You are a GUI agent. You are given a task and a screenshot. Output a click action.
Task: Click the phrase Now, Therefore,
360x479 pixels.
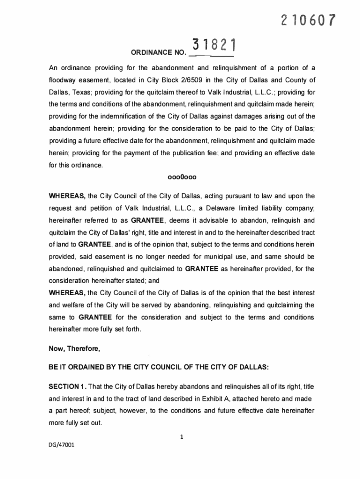(x=74, y=348)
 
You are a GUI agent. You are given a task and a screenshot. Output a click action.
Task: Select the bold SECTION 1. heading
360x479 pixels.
(x=67, y=386)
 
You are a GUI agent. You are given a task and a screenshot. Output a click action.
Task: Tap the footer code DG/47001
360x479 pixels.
(x=62, y=445)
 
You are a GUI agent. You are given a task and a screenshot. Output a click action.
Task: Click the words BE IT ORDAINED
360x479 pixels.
(x=75, y=367)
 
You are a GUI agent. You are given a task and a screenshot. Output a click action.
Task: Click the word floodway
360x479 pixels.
(x=64, y=80)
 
